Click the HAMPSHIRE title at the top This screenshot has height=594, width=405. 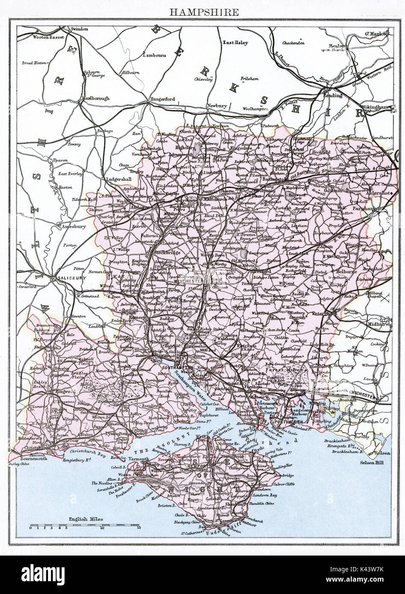(x=204, y=12)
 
